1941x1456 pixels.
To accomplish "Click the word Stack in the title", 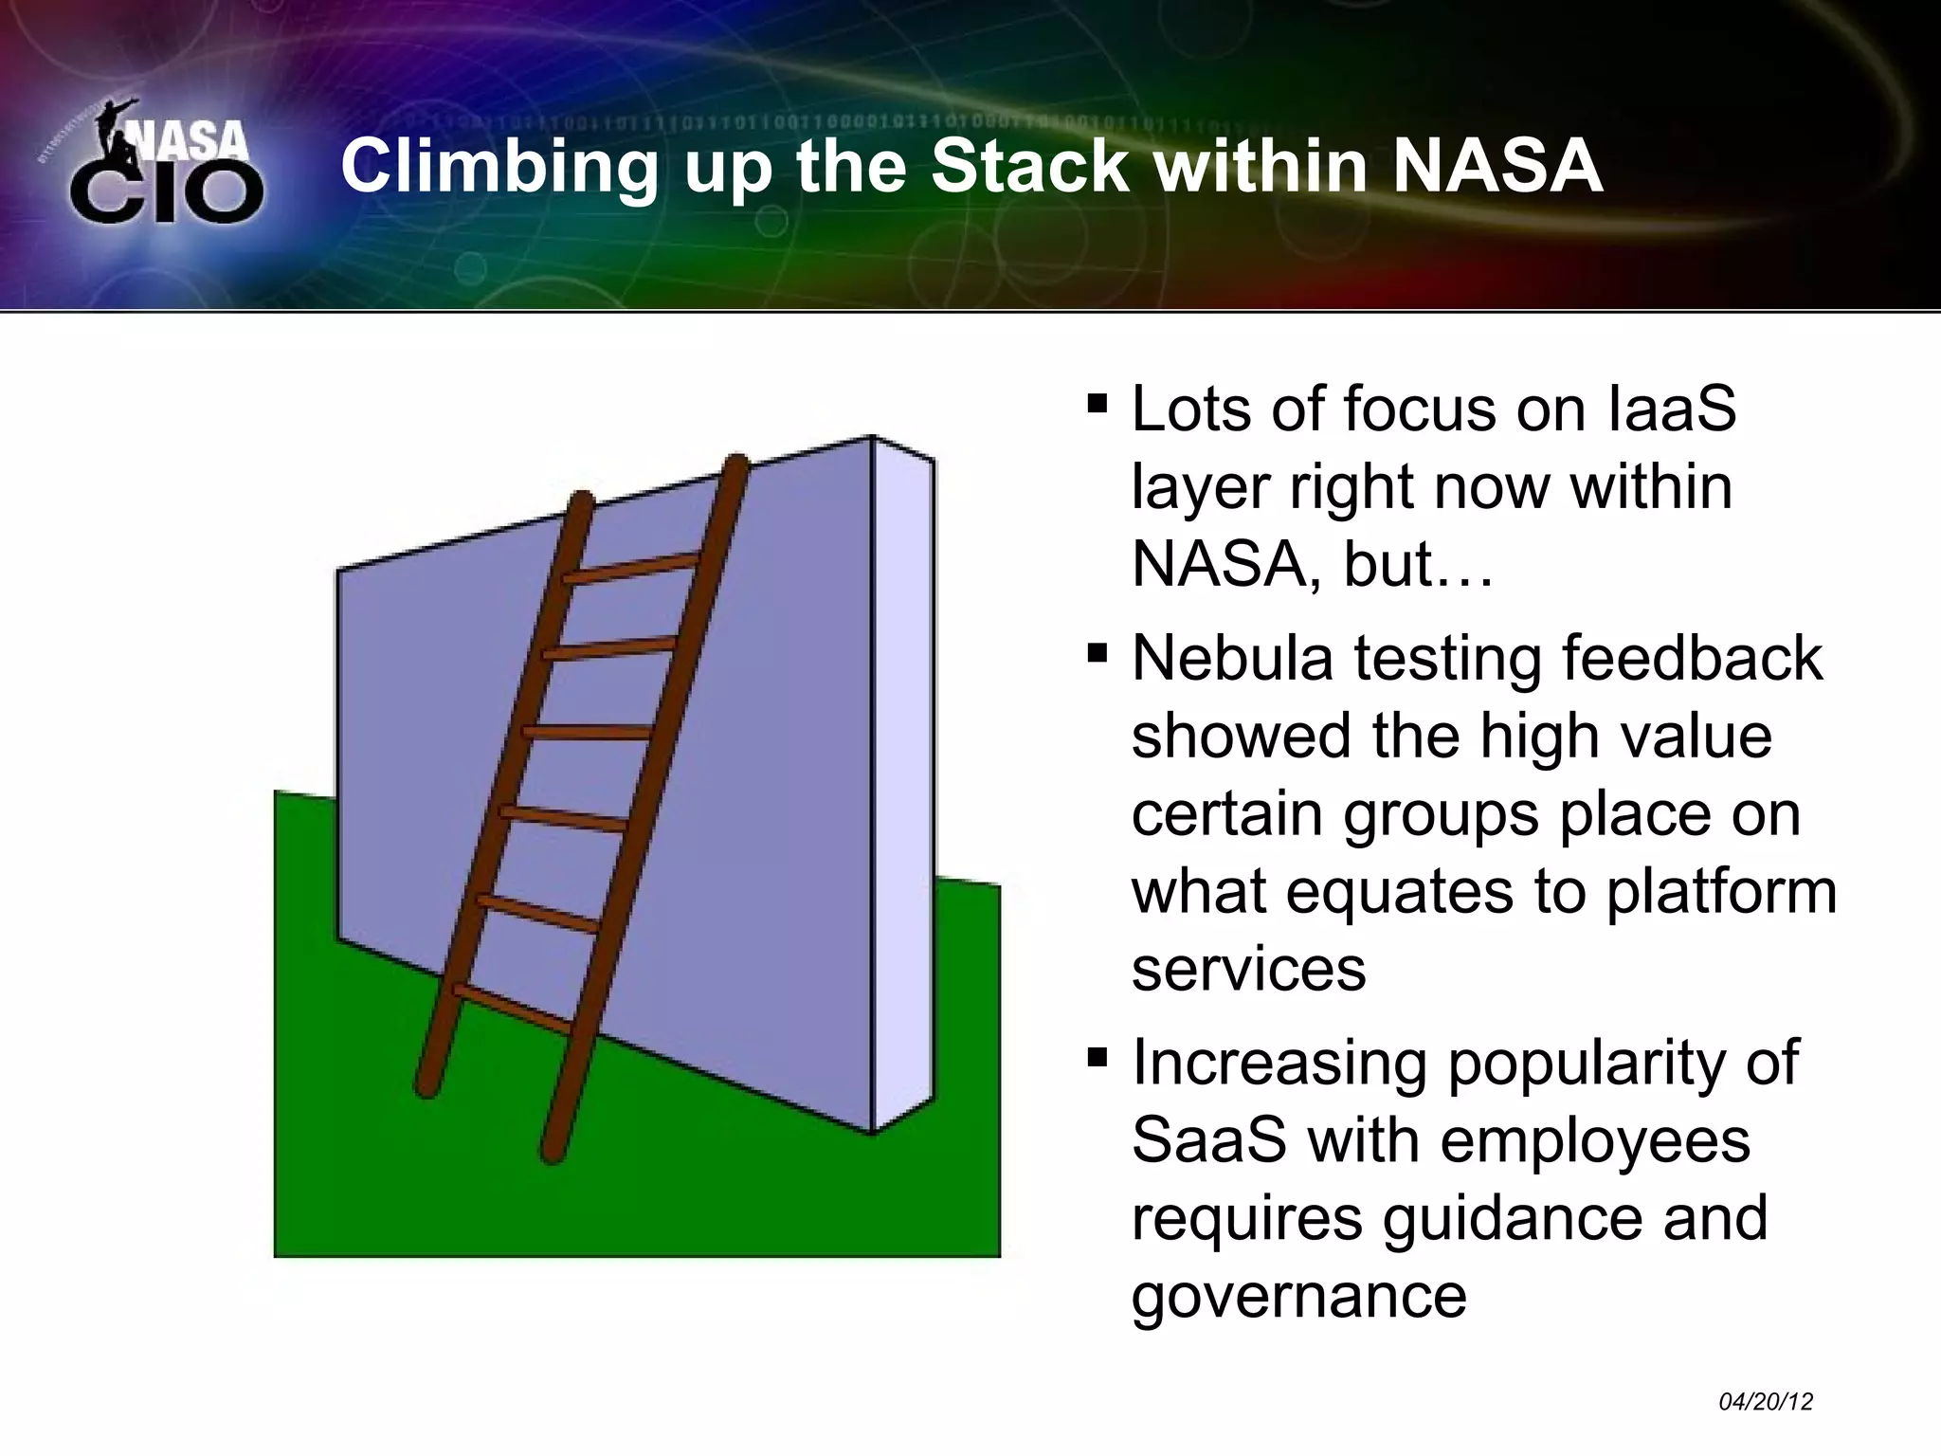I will pyautogui.click(x=1029, y=166).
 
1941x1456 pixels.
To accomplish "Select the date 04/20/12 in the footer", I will pyautogui.click(x=1765, y=1402).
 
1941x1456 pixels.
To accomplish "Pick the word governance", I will pyautogui.click(x=1298, y=1297).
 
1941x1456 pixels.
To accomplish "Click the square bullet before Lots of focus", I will pyautogui.click(x=1097, y=406).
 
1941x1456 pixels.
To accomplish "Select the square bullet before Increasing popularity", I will pyautogui.click(x=1097, y=1056).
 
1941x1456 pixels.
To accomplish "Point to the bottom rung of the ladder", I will pyautogui.click(x=512, y=1009).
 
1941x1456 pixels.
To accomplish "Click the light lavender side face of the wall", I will pyautogui.click(x=903, y=787).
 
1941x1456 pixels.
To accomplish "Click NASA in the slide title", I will pyautogui.click(x=1497, y=166).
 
